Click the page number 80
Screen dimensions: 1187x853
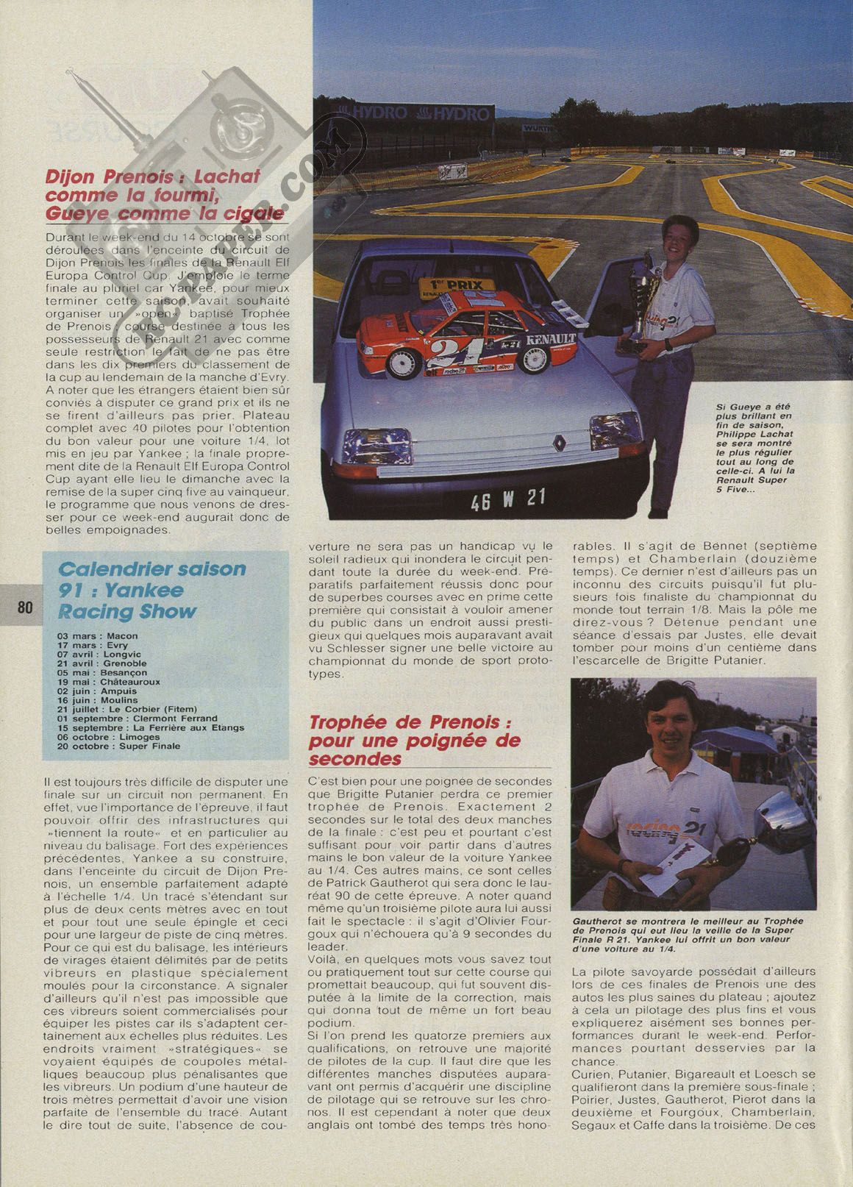(x=24, y=607)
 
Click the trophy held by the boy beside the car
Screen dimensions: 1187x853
(x=639, y=309)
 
